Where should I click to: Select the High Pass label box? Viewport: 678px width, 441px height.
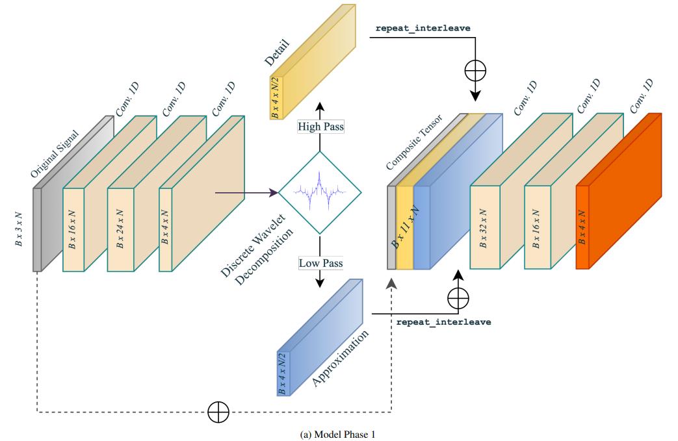[x=320, y=127]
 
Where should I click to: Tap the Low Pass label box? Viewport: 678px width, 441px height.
[x=320, y=264]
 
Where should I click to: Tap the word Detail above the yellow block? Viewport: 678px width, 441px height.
[x=278, y=51]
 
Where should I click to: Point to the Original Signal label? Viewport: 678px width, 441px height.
[x=55, y=154]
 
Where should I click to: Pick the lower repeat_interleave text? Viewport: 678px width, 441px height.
[x=443, y=321]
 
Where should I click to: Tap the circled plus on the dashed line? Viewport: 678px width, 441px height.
[x=218, y=412]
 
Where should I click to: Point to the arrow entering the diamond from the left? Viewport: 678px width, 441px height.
[x=247, y=192]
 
